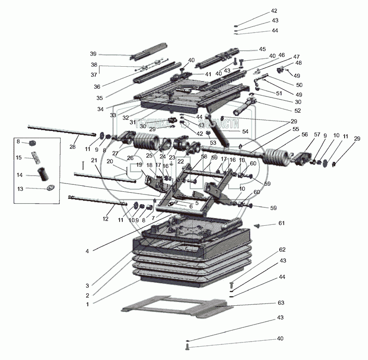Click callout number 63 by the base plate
[x=281, y=303]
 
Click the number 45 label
[x=262, y=49]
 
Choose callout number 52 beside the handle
[x=285, y=110]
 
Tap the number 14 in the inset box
[x=19, y=175]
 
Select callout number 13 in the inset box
[x=19, y=189]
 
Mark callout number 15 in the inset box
[x=19, y=158]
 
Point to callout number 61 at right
[x=281, y=223]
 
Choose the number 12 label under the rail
[x=105, y=219]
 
